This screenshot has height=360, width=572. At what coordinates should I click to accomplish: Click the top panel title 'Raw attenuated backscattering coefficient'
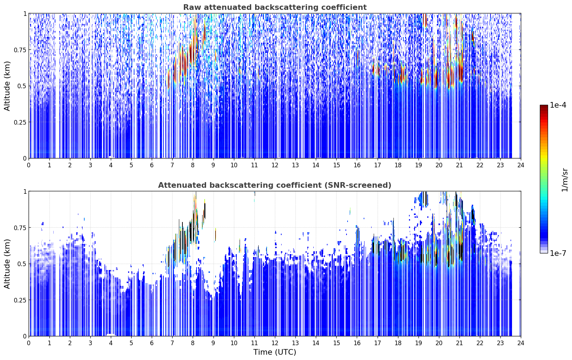tap(275, 7)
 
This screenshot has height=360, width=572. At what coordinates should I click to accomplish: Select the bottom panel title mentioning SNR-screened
tap(275, 185)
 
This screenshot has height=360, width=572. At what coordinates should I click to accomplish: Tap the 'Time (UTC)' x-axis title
tap(275, 352)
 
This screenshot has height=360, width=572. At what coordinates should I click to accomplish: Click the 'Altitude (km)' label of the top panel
tap(7, 86)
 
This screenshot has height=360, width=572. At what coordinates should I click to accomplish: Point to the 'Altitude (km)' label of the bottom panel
tap(7, 264)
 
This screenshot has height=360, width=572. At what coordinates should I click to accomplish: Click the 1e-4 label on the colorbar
tap(558, 105)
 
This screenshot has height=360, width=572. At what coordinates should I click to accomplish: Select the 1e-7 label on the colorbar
tap(558, 253)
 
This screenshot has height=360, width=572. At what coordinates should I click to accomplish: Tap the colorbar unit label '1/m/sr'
tap(564, 180)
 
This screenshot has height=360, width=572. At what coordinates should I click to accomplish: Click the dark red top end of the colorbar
tap(544, 106)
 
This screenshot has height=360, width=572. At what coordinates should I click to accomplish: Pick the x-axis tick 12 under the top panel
tap(275, 165)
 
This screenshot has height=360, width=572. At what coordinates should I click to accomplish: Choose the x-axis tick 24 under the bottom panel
tap(521, 343)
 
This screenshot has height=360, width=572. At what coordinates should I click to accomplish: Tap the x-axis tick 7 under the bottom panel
tap(172, 343)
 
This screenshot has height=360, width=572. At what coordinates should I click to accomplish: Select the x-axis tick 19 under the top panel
tap(418, 165)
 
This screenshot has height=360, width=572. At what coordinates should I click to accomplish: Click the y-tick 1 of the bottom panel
tap(25, 192)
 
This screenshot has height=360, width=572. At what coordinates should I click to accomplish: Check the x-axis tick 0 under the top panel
tap(29, 165)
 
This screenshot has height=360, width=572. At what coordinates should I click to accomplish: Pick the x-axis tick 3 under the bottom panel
tap(90, 343)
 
